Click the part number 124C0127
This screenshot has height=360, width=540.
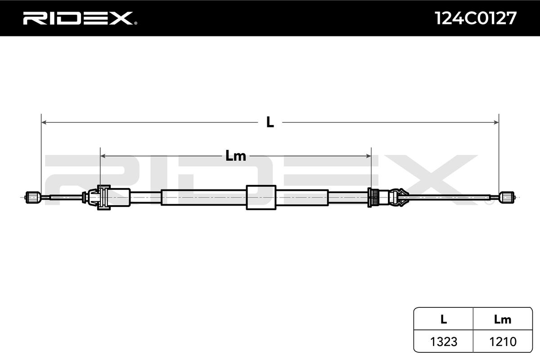coord(475,18)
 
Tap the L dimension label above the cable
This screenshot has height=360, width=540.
coord(270,122)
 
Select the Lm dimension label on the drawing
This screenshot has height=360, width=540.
coord(235,156)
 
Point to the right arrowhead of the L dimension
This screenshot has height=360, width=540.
coord(496,122)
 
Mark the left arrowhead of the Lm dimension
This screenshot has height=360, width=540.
coord(103,156)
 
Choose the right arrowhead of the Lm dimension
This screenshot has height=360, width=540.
coord(369,156)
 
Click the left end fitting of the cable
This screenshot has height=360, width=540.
coord(33,197)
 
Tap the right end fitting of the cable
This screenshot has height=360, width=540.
coord(507,197)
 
